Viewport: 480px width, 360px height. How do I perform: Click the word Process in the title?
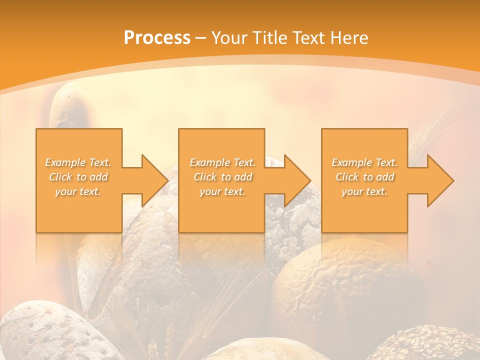[x=157, y=38]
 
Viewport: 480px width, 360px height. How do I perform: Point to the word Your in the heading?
[x=229, y=38]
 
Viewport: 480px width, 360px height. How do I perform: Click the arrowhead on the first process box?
[x=153, y=180]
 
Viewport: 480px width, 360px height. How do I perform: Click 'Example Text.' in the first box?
[x=78, y=162]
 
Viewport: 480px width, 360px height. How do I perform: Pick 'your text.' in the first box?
[x=78, y=191]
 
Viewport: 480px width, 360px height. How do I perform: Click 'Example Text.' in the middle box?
[x=222, y=162]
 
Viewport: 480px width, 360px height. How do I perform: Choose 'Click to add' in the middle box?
[x=222, y=177]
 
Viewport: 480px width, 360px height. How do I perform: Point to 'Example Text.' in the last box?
[x=364, y=162]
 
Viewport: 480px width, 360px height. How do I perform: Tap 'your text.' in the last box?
[x=364, y=191]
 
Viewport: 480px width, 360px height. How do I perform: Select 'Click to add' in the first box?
[x=78, y=177]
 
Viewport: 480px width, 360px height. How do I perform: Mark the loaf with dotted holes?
[x=45, y=330]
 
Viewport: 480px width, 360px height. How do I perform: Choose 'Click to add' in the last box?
[x=364, y=177]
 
